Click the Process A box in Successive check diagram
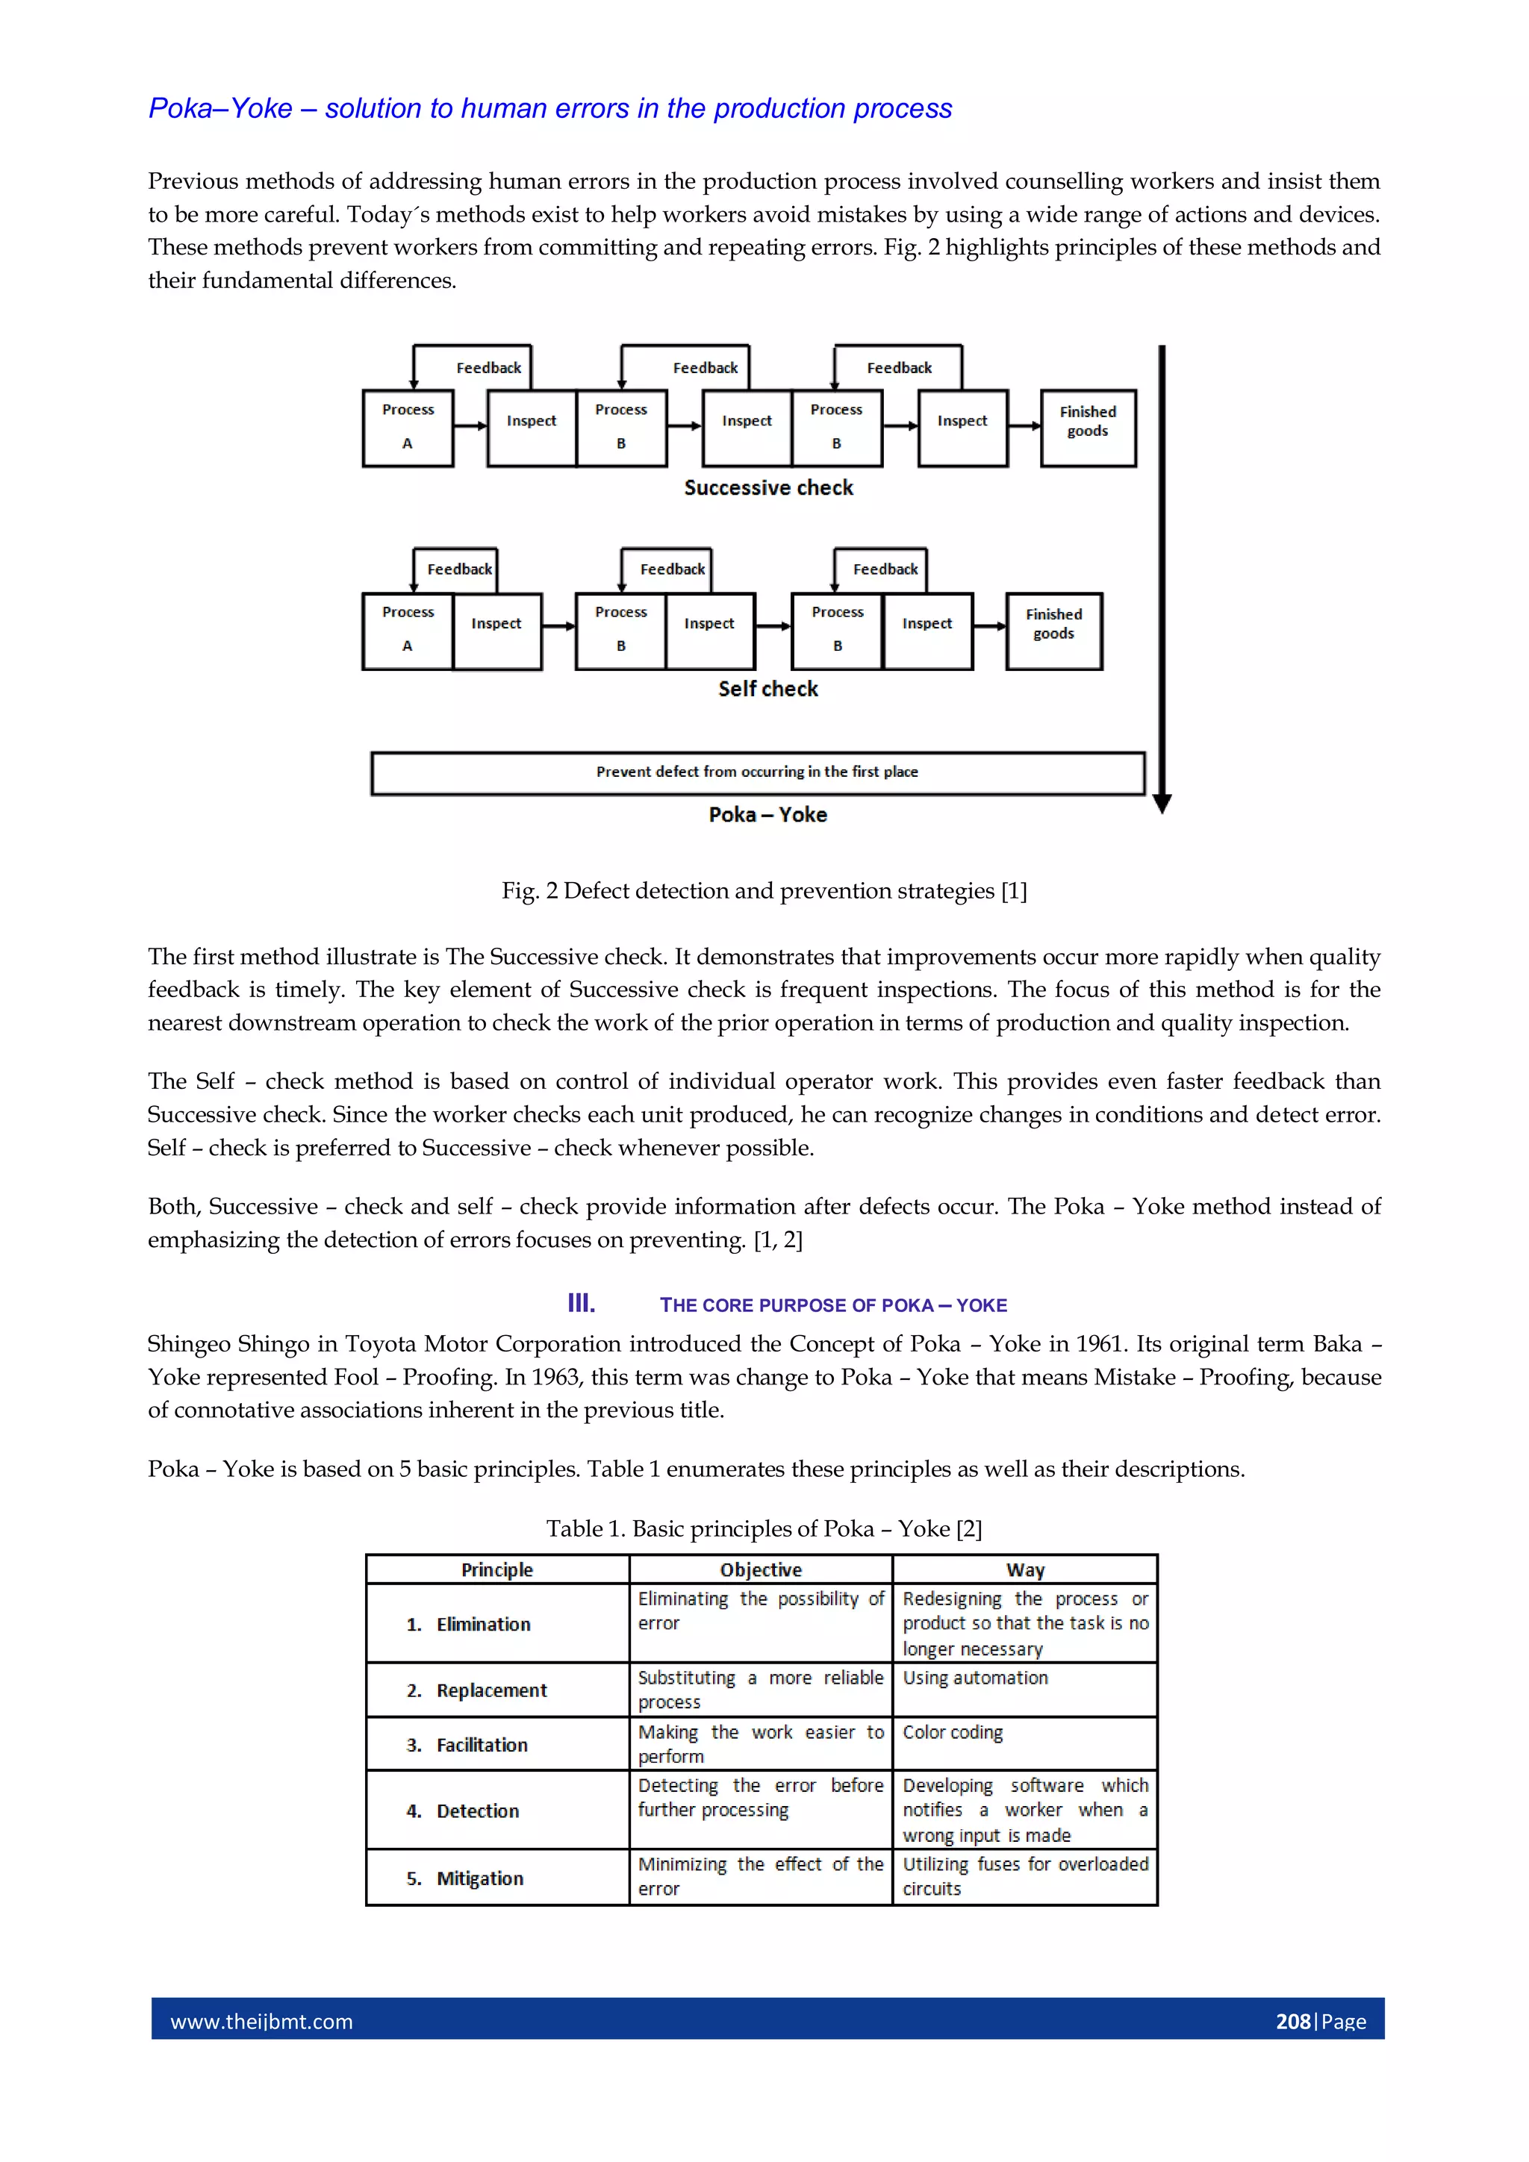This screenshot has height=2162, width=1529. pos(408,428)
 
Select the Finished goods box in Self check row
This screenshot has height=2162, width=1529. pos(1053,630)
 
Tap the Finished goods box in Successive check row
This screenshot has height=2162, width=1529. pos(1087,428)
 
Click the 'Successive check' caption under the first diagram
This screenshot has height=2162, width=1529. pos(767,488)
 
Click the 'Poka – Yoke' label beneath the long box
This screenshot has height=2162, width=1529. pos(767,814)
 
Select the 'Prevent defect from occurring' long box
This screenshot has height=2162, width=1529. pos(758,772)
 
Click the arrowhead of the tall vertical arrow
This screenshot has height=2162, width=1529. pos(1162,803)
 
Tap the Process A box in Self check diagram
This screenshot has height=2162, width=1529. pos(408,630)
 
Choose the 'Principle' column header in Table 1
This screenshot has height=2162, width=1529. pos(496,1569)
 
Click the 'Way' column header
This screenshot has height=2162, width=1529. pos(1025,1569)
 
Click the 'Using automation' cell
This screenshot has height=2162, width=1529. pos(975,1678)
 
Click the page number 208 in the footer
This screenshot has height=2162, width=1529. pos(1292,2022)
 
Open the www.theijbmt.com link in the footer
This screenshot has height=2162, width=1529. pos(262,2022)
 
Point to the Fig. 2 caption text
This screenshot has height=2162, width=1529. pos(764,891)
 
